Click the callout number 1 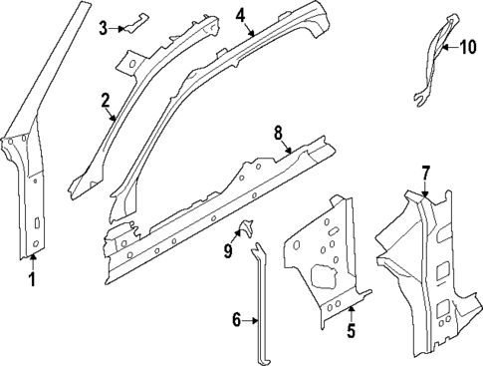coord(31,279)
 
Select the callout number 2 coord(105,100)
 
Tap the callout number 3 coord(104,28)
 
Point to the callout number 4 coord(240,15)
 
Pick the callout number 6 coord(237,319)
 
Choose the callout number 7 coord(425,172)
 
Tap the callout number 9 coord(228,251)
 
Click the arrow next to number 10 coord(448,46)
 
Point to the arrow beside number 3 coord(119,28)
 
